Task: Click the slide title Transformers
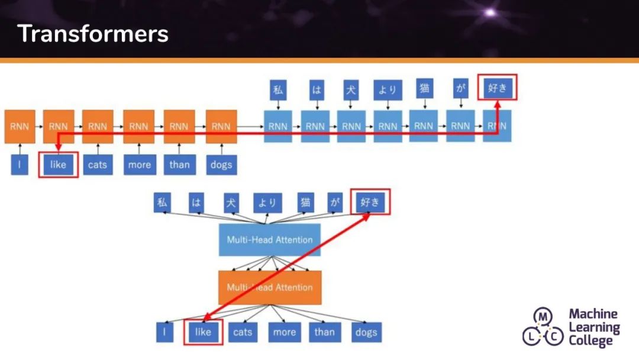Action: (93, 34)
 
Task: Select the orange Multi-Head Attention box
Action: (270, 287)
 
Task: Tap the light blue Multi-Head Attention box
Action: (270, 240)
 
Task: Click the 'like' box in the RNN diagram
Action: (59, 164)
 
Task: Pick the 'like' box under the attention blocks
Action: (203, 332)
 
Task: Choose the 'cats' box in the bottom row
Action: (243, 332)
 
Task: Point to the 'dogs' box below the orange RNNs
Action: (221, 164)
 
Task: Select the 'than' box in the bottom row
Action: (324, 332)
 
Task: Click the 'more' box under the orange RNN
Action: (139, 164)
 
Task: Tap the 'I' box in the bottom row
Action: (164, 332)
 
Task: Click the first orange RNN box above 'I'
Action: (20, 126)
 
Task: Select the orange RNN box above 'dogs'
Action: (221, 126)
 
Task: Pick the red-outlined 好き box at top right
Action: (498, 89)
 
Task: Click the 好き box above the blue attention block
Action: (370, 203)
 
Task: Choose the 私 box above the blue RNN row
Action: (277, 90)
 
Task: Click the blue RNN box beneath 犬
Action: (351, 126)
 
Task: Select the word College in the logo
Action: (591, 340)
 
